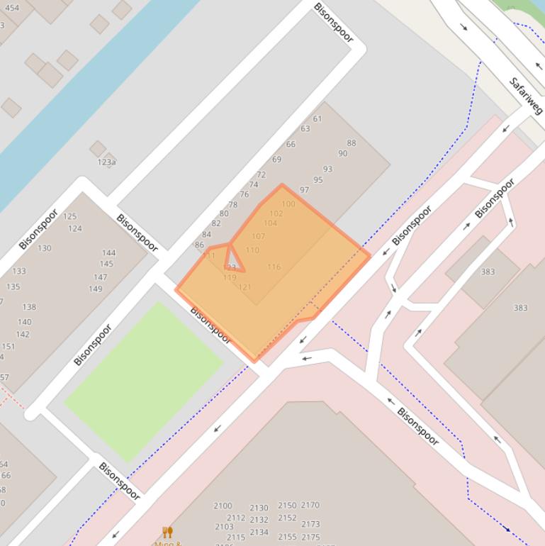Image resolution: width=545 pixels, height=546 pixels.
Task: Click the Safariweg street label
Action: coord(526,96)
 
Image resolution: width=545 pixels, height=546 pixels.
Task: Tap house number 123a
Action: coord(106,162)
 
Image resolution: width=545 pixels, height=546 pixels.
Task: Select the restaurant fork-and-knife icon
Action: coord(168,532)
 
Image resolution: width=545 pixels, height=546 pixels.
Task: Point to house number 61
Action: coord(318,118)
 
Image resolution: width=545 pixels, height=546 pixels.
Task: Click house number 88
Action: coord(352,143)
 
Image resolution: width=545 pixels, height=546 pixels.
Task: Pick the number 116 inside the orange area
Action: coord(274,267)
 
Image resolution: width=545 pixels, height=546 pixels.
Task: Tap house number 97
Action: coord(304,190)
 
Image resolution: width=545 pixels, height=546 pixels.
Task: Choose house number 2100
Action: coord(223,506)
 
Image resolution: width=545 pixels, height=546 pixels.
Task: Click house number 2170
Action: coord(310,505)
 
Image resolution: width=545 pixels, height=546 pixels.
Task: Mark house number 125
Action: coord(69,216)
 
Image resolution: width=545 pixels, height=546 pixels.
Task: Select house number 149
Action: coord(95,289)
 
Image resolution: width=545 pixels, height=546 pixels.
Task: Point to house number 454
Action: coord(12,9)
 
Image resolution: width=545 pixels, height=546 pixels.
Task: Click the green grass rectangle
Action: coord(144,381)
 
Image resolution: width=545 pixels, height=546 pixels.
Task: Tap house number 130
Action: coord(44,248)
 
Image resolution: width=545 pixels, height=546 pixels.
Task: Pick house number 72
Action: coord(261,174)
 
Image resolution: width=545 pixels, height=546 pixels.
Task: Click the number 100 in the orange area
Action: coord(288,204)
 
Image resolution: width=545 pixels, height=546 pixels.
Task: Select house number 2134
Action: coord(259,532)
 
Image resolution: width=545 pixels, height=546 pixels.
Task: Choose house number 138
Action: coord(29,307)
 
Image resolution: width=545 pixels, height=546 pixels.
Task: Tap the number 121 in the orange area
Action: coord(245,287)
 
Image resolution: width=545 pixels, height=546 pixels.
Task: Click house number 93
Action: coord(327,169)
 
